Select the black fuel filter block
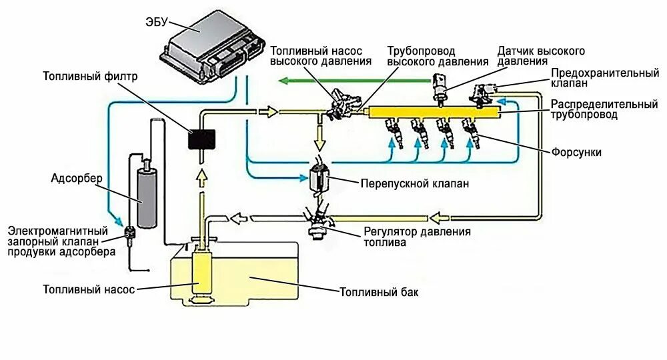coord(201,139)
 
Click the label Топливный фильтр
coord(90,76)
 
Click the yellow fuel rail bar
coord(434,113)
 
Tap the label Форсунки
coord(576,152)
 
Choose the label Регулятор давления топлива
coord(417,237)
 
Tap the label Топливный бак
coord(379,292)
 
